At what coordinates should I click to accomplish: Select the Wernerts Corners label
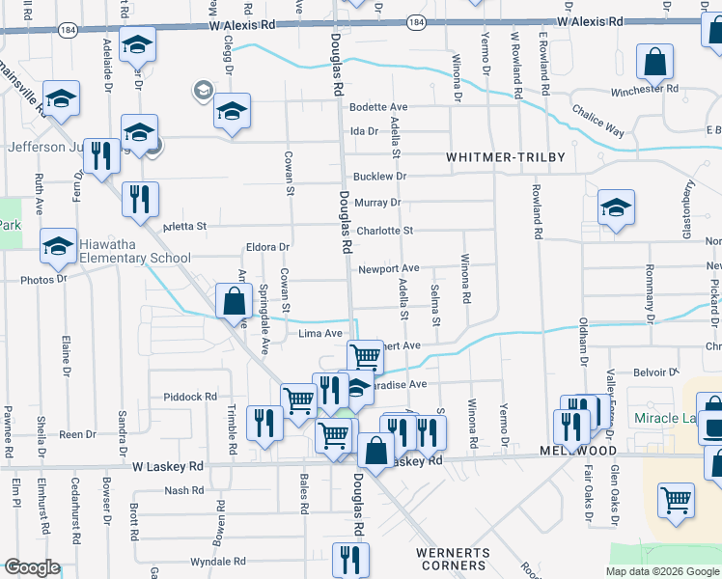point(454,560)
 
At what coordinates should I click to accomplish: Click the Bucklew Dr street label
point(380,177)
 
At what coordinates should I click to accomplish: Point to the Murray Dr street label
point(377,203)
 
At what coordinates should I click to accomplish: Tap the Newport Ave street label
point(388,268)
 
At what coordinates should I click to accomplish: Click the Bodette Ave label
point(379,107)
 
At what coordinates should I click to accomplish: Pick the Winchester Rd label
point(645,90)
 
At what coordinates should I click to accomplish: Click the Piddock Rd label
point(190,397)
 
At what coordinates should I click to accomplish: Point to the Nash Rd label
point(183,491)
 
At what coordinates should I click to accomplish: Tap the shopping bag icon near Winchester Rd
point(654,64)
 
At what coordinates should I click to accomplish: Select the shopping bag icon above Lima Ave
point(234,301)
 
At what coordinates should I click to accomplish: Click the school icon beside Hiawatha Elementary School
point(59,247)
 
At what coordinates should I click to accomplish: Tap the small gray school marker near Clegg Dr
point(203,91)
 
